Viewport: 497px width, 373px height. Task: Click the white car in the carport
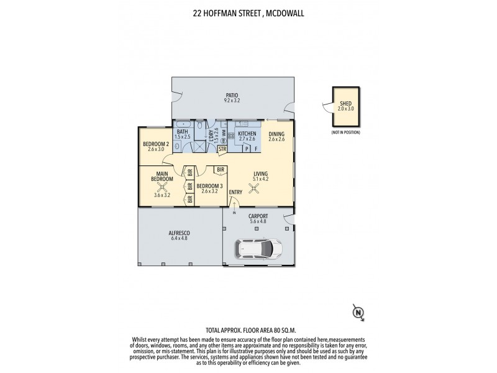coord(254,249)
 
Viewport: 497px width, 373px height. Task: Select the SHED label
coord(344,104)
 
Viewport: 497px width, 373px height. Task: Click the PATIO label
coord(232,95)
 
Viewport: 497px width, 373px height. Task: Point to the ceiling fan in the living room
coord(254,191)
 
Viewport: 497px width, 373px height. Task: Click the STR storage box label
coord(222,149)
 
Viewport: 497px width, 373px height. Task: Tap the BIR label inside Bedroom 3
coord(220,170)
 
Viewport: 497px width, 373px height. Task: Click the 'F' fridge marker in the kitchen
coord(256,149)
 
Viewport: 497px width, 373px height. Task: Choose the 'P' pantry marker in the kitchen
coord(247,149)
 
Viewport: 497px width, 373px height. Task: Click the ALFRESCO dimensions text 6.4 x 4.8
coord(179,239)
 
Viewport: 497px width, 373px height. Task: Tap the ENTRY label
coord(235,192)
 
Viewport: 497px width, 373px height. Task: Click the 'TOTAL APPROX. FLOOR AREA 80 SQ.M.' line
coord(248,330)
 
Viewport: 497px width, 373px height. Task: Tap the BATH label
coord(182,132)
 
